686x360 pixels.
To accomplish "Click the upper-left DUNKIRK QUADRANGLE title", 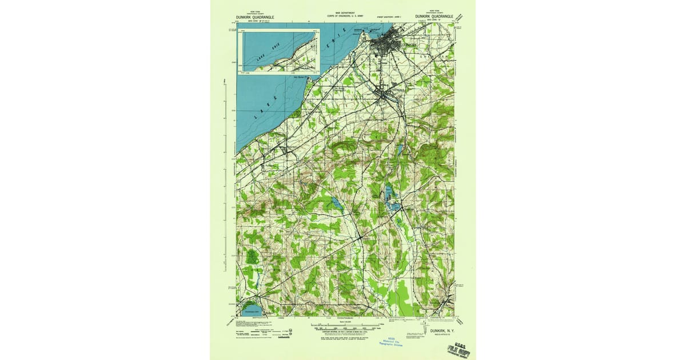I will (255, 17).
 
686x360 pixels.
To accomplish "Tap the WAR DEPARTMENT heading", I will (345, 11).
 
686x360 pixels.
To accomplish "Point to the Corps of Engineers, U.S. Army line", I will (345, 15).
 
